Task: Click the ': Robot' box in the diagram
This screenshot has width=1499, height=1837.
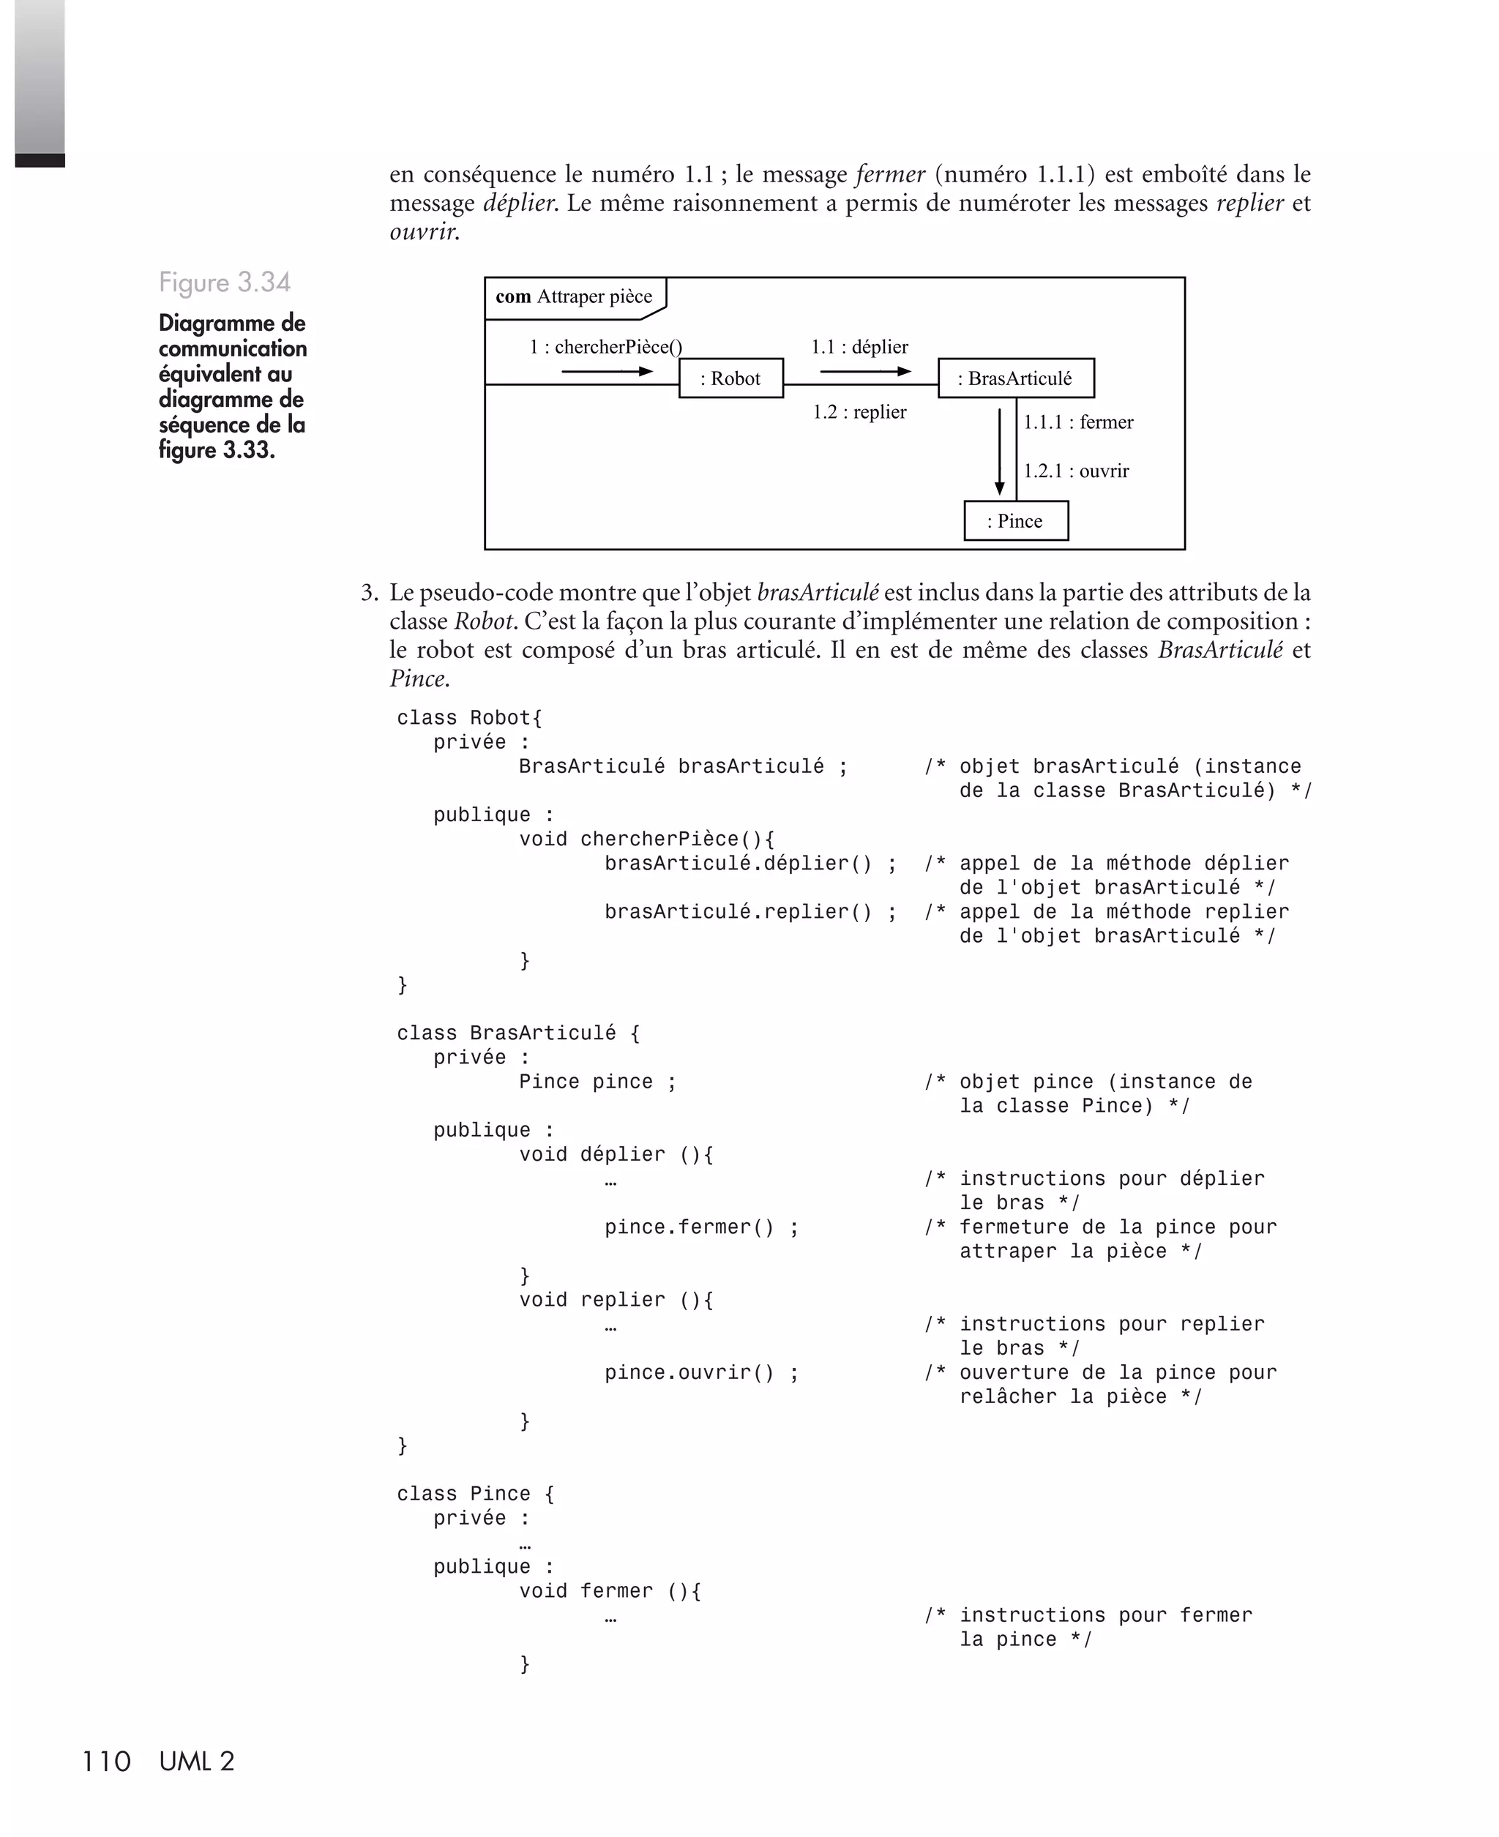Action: point(730,378)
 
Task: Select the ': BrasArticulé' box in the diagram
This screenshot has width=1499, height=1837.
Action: point(1015,378)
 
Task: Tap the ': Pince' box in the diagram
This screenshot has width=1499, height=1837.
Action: point(1015,520)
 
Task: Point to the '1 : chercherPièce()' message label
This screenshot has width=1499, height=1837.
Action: point(605,347)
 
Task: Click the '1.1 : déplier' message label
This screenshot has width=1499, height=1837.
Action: point(859,347)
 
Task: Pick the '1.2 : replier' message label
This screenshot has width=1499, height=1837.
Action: point(859,412)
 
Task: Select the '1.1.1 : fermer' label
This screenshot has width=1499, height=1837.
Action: point(1078,422)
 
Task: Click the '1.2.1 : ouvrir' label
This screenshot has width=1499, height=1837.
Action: point(1076,471)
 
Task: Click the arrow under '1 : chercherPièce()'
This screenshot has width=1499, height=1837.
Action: point(607,371)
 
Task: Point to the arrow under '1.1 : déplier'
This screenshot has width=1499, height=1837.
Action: point(865,371)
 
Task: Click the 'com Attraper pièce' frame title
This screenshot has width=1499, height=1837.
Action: point(575,297)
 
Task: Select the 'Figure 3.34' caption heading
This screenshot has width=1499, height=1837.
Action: point(225,283)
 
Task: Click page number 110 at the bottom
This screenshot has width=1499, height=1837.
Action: point(106,1761)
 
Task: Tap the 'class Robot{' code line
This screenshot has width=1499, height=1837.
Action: point(469,718)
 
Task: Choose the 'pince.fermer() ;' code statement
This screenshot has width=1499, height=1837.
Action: point(701,1227)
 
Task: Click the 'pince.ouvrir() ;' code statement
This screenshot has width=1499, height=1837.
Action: point(701,1372)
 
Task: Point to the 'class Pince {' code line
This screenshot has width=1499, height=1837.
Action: point(475,1494)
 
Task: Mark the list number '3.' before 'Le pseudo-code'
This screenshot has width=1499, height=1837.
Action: point(370,593)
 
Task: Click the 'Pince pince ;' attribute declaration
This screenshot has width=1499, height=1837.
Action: point(597,1082)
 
